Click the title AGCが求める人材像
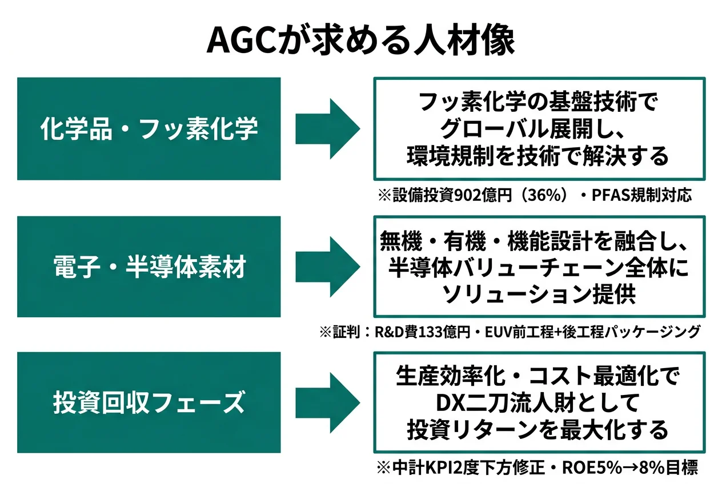pos(360,40)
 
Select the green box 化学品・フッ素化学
pos(149,129)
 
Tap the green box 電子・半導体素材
pos(149,267)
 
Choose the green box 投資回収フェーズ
pos(149,403)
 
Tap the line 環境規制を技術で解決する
pos(538,156)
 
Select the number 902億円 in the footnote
pos(478,196)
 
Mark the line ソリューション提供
pos(539,293)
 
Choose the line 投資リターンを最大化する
pos(538,429)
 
